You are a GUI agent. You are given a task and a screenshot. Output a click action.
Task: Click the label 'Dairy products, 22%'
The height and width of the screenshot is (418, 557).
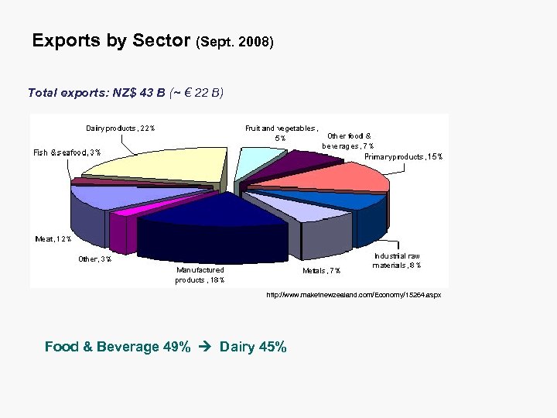click(x=120, y=128)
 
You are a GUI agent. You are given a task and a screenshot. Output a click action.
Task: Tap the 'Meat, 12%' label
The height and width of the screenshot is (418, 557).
click(x=53, y=238)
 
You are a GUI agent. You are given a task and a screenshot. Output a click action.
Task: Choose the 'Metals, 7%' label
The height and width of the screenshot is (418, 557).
click(x=322, y=271)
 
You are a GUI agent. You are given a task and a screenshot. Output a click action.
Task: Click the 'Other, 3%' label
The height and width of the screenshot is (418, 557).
click(x=94, y=259)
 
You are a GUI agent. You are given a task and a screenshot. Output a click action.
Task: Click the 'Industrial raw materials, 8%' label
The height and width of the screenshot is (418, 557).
click(x=397, y=261)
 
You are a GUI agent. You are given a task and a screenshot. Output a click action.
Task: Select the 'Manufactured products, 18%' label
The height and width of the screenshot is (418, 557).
click(x=200, y=275)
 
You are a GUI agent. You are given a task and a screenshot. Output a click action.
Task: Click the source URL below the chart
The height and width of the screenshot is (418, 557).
click(x=354, y=296)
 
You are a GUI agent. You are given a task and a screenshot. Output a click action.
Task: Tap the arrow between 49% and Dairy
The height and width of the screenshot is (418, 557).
click(x=205, y=347)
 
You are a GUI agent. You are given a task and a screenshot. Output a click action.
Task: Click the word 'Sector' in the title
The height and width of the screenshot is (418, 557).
click(x=162, y=41)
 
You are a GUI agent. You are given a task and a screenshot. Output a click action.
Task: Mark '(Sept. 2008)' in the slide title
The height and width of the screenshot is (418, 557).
click(x=236, y=43)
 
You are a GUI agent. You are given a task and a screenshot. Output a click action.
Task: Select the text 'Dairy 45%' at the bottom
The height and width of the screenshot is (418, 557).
click(x=253, y=347)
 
